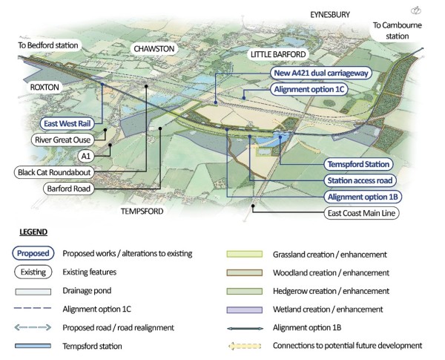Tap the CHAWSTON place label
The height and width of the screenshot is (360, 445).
pyautogui.click(x=155, y=48)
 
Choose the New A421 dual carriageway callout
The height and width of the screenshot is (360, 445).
pyautogui.click(x=321, y=74)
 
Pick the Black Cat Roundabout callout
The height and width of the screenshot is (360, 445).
pyautogui.click(x=56, y=172)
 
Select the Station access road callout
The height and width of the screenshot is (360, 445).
pyautogui.click(x=360, y=180)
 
